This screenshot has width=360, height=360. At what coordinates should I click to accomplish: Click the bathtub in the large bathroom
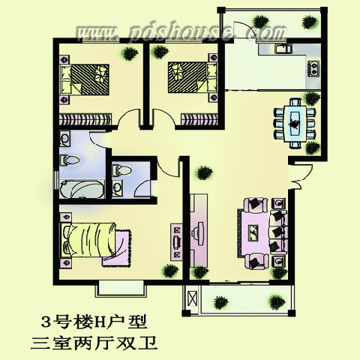click(82, 189)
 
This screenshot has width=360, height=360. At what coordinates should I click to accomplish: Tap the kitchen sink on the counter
click(283, 49)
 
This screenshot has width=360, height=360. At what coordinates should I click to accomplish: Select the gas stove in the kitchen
click(313, 68)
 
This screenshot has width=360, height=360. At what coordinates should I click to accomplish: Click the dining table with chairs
click(295, 124)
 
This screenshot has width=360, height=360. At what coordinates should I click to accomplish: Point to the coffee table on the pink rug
click(253, 232)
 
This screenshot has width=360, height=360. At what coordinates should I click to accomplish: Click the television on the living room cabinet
click(198, 233)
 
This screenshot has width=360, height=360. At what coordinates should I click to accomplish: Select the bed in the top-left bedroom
click(85, 79)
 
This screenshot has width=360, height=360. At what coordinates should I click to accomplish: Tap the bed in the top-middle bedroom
click(192, 77)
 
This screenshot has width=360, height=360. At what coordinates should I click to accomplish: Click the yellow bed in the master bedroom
click(88, 240)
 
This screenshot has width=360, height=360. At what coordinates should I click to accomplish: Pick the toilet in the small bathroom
click(121, 170)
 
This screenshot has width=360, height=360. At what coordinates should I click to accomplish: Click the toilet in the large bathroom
click(69, 160)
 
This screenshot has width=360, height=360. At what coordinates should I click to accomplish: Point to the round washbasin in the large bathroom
click(65, 139)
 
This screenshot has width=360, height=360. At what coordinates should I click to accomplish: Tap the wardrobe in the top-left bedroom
click(85, 119)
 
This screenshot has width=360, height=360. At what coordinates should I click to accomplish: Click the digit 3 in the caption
click(46, 322)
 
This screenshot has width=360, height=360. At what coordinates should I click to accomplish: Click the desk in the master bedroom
click(176, 242)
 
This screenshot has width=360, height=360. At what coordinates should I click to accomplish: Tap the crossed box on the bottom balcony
click(193, 298)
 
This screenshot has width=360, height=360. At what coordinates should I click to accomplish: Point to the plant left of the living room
click(205, 172)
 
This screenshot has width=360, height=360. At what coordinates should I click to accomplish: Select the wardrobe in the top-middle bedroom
click(199, 119)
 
